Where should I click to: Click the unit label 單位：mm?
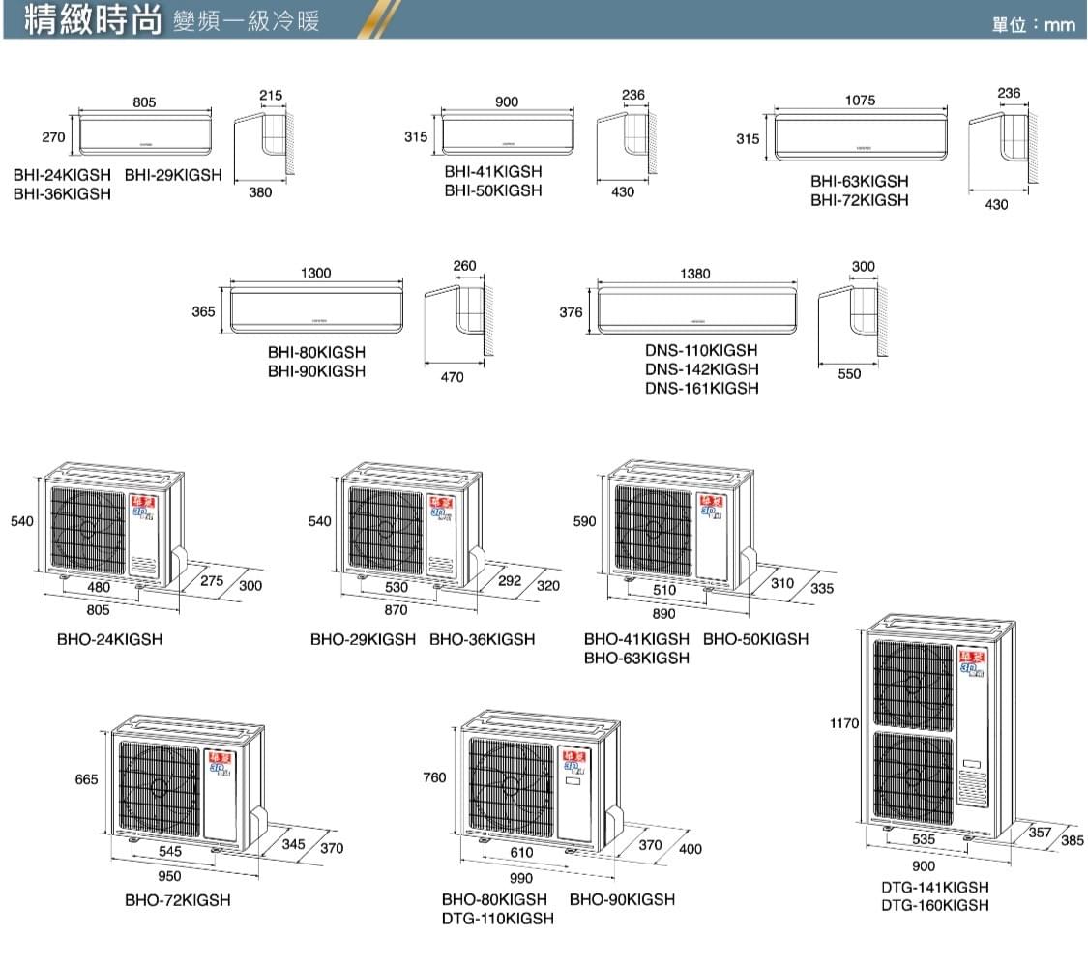1033,24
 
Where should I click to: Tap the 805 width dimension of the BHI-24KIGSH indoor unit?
146,102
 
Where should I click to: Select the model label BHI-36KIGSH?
62,194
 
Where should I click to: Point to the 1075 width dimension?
860,100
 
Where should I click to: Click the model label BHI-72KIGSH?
860,200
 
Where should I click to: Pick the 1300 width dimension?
315,274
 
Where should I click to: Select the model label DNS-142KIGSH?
701,369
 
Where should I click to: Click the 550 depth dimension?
849,375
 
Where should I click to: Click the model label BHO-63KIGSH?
636,659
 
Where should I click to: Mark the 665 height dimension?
85,780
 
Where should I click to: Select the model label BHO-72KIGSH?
178,900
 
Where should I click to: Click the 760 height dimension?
435,778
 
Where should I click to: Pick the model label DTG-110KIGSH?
498,919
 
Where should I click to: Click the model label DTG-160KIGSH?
935,906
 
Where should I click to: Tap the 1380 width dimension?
695,274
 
